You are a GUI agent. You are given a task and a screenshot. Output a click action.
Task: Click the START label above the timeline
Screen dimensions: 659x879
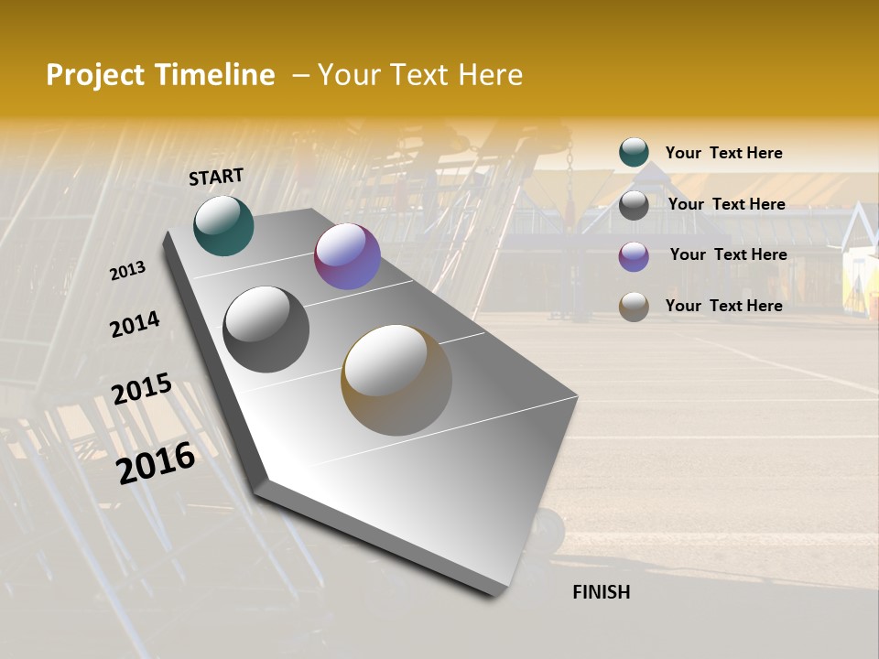tap(216, 177)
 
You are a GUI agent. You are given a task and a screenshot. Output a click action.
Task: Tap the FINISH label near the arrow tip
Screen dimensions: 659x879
tap(602, 592)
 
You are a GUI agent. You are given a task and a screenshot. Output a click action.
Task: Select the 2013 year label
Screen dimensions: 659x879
tap(127, 271)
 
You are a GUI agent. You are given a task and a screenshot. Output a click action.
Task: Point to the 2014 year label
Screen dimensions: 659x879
tap(135, 324)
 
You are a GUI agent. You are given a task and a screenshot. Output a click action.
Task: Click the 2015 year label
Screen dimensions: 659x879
tap(142, 389)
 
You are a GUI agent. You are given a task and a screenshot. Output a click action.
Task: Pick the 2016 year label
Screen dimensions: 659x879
tap(156, 462)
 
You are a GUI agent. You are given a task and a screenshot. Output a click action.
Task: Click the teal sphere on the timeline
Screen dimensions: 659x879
tap(223, 225)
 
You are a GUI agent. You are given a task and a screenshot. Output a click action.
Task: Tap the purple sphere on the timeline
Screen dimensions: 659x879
tap(347, 256)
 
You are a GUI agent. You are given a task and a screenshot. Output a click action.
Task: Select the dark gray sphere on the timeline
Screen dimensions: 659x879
tap(266, 329)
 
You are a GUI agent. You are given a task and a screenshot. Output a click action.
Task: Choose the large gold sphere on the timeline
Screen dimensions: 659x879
tap(396, 380)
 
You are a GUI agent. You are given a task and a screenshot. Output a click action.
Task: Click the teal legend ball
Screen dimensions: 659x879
tap(634, 153)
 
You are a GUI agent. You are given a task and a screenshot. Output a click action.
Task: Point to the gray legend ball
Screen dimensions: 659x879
tap(634, 205)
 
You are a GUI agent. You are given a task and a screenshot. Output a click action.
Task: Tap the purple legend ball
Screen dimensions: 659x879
tap(634, 256)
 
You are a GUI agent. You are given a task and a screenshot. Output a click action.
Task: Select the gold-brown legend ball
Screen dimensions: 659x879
tap(634, 307)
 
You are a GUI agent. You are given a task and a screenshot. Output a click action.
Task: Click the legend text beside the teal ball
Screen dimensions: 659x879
tap(723, 153)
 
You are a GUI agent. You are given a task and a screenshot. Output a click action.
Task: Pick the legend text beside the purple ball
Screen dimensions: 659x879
tap(728, 254)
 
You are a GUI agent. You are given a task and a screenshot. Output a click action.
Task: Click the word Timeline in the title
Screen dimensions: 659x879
tap(215, 75)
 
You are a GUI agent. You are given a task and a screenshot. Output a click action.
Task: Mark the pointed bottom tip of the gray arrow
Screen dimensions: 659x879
tap(499, 593)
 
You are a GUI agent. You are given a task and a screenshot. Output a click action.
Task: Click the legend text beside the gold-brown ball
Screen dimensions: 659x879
tap(723, 306)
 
